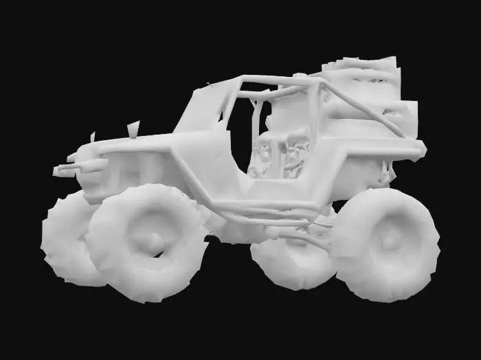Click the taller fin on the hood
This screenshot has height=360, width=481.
(x=133, y=128)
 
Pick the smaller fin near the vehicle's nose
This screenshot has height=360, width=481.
(x=92, y=137)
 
